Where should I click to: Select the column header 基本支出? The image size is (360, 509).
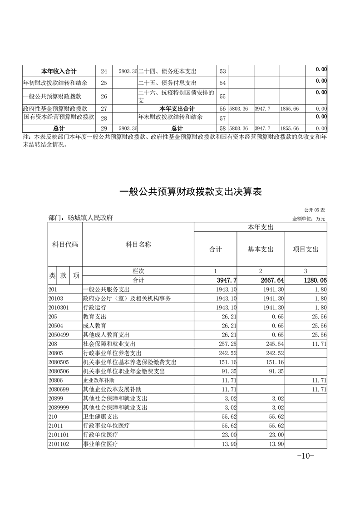point(261,250)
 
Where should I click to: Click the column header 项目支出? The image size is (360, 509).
point(306,250)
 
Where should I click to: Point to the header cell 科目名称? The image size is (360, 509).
point(138,245)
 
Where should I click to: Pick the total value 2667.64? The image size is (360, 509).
point(271,281)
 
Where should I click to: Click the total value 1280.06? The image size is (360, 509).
point(313,281)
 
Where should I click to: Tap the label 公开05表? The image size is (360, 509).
point(315,210)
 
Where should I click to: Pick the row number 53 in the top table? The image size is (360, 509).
point(222,71)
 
